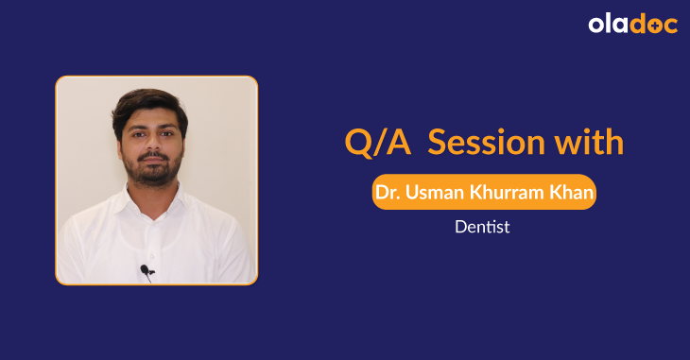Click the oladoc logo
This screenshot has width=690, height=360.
click(x=632, y=25)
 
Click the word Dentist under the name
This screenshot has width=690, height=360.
click(x=482, y=228)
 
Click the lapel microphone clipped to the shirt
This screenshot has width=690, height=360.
click(x=146, y=271)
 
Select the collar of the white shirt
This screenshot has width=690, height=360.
click(x=151, y=203)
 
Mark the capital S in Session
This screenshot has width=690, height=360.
click(x=439, y=143)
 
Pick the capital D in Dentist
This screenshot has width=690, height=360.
click(x=459, y=228)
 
